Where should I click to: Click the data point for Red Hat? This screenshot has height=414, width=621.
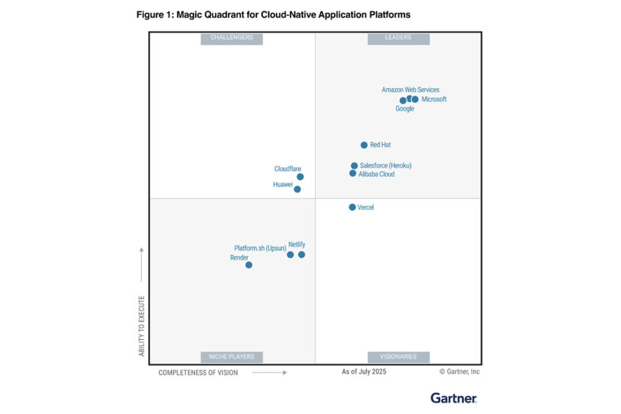click(364, 145)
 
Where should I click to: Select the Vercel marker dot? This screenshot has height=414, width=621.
click(353, 207)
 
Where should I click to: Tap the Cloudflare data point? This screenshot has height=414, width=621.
click(300, 177)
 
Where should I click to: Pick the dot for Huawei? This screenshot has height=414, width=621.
click(297, 189)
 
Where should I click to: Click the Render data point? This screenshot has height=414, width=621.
click(249, 265)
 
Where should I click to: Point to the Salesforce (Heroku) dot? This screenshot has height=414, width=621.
click(355, 166)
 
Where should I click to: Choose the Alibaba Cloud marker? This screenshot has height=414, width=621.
click(353, 174)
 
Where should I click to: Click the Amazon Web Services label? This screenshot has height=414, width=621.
click(411, 89)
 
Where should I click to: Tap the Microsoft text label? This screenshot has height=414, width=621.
click(434, 99)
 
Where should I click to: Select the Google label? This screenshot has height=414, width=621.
click(405, 109)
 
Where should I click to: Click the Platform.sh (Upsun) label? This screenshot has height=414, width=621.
click(260, 248)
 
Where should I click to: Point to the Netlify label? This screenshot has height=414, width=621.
click(296, 244)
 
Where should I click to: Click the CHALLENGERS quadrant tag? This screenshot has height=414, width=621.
click(232, 38)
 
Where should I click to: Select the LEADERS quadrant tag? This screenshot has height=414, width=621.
click(399, 38)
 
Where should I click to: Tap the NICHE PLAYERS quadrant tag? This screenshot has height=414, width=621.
click(232, 357)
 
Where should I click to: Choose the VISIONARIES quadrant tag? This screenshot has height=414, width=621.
click(399, 357)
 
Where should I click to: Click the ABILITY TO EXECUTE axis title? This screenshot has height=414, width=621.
click(142, 325)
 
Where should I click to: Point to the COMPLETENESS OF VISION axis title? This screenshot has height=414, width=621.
click(198, 373)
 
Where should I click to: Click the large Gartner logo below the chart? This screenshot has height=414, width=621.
click(453, 398)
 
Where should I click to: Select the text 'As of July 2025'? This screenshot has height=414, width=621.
click(364, 372)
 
